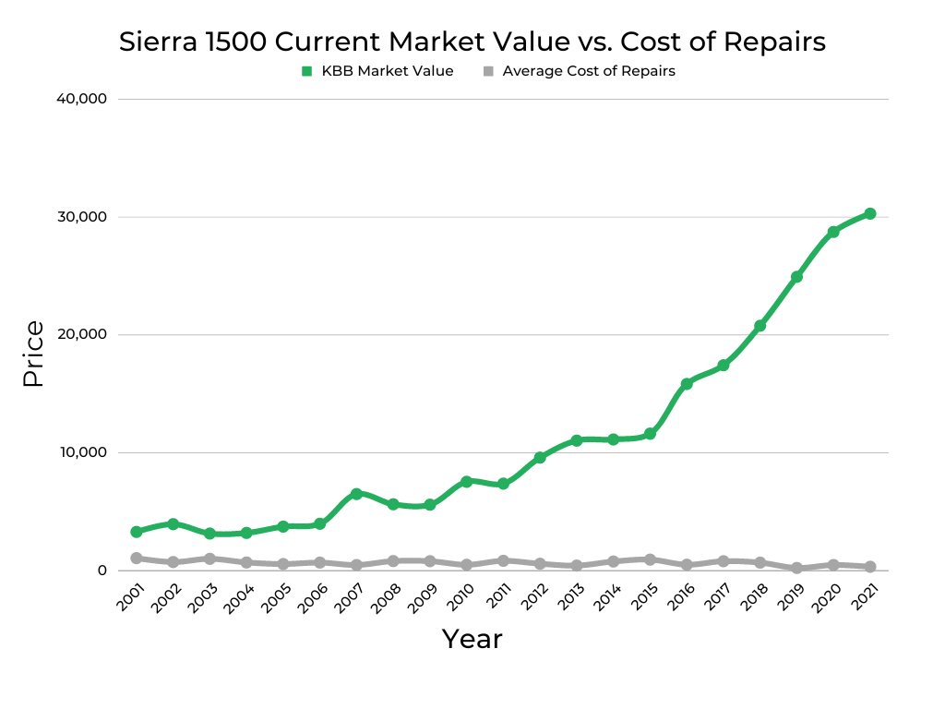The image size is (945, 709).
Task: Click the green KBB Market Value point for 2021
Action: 869,214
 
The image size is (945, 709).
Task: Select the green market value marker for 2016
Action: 687,383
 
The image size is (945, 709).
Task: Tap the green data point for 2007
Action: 356,494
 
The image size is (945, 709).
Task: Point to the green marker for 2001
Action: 137,532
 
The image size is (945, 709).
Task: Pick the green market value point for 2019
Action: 796,277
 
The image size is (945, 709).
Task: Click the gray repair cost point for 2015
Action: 650,559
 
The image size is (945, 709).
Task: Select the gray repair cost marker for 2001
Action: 137,559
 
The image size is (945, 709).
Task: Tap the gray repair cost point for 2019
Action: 796,568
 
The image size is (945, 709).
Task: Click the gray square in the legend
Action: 488,71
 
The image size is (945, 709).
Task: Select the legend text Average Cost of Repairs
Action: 588,71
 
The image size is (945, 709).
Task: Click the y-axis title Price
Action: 33,354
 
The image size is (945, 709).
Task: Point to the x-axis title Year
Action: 472,639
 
